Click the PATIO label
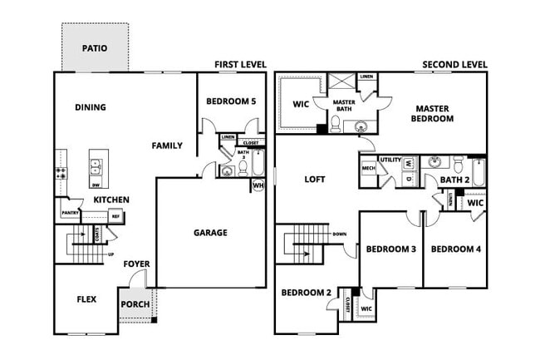pyautogui.click(x=94, y=48)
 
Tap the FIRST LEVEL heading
pyautogui.click(x=241, y=64)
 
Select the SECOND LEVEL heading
pyautogui.click(x=454, y=64)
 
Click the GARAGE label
pyautogui.click(x=210, y=233)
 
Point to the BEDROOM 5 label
pyautogui.click(x=232, y=101)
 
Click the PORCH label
pyautogui.click(x=135, y=303)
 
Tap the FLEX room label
pyautogui.click(x=87, y=299)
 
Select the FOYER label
pyautogui.click(x=137, y=264)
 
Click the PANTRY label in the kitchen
pyautogui.click(x=70, y=214)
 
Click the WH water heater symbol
pyautogui.click(x=258, y=185)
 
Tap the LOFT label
pyautogui.click(x=315, y=179)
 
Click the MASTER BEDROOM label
pyautogui.click(x=434, y=113)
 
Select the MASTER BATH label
pyautogui.click(x=344, y=106)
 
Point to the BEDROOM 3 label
pyautogui.click(x=390, y=249)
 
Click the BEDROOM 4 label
pyautogui.click(x=455, y=249)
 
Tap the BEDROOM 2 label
pyautogui.click(x=306, y=292)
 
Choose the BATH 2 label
pyautogui.click(x=455, y=180)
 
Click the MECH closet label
pyautogui.click(x=369, y=169)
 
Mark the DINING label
pyautogui.click(x=91, y=107)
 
